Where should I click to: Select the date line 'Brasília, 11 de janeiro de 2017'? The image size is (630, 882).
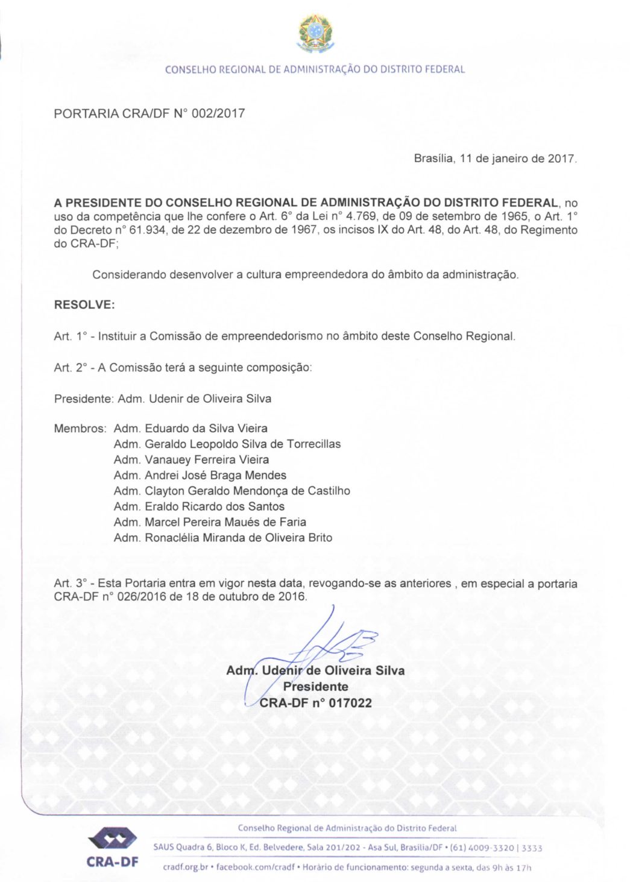(495, 159)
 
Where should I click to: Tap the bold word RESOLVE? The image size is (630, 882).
(84, 304)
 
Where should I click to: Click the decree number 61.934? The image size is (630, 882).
(147, 230)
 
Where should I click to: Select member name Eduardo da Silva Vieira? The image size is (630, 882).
(206, 429)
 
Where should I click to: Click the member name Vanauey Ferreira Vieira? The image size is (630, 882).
(207, 460)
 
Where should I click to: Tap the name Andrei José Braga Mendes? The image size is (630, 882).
(215, 476)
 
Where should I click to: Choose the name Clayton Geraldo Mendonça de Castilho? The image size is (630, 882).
(247, 491)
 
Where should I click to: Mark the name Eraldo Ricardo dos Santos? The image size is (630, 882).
(215, 507)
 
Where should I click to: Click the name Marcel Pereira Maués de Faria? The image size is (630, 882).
(225, 523)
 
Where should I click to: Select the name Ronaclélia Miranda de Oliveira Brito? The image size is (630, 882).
(238, 538)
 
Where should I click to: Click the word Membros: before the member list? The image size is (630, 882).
(80, 429)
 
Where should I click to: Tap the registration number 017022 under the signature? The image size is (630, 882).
(350, 703)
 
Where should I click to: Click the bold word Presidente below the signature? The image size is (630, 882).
(315, 687)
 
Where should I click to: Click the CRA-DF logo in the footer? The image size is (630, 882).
(113, 847)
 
